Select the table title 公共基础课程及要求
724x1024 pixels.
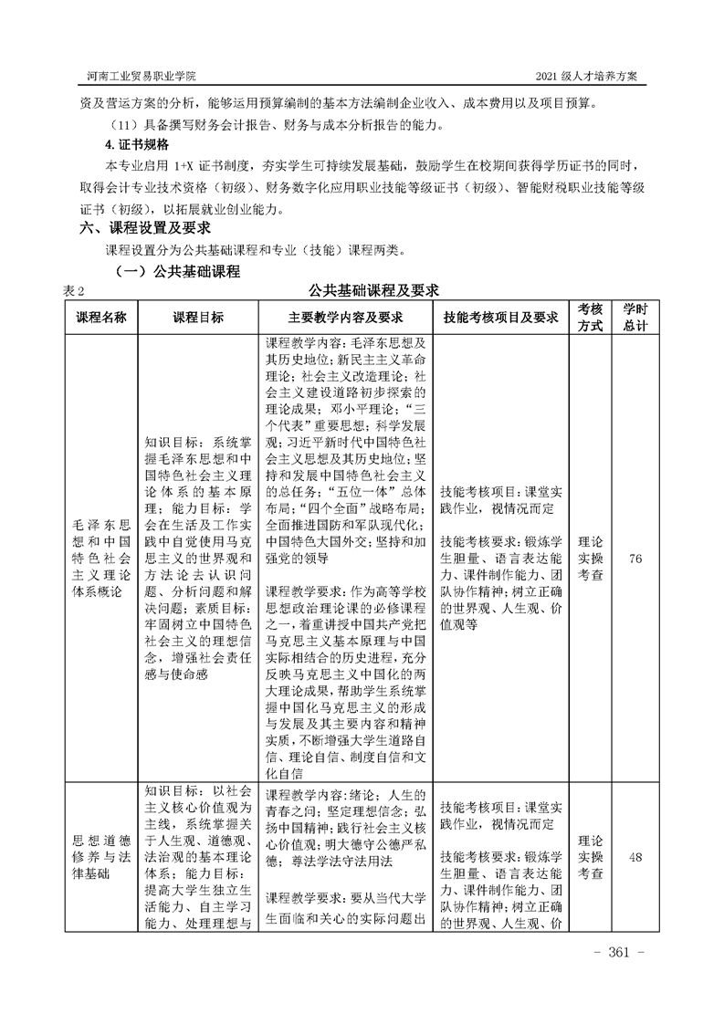pos(374,291)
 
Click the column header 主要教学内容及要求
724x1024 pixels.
pos(345,317)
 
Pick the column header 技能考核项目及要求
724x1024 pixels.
pos(500,317)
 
